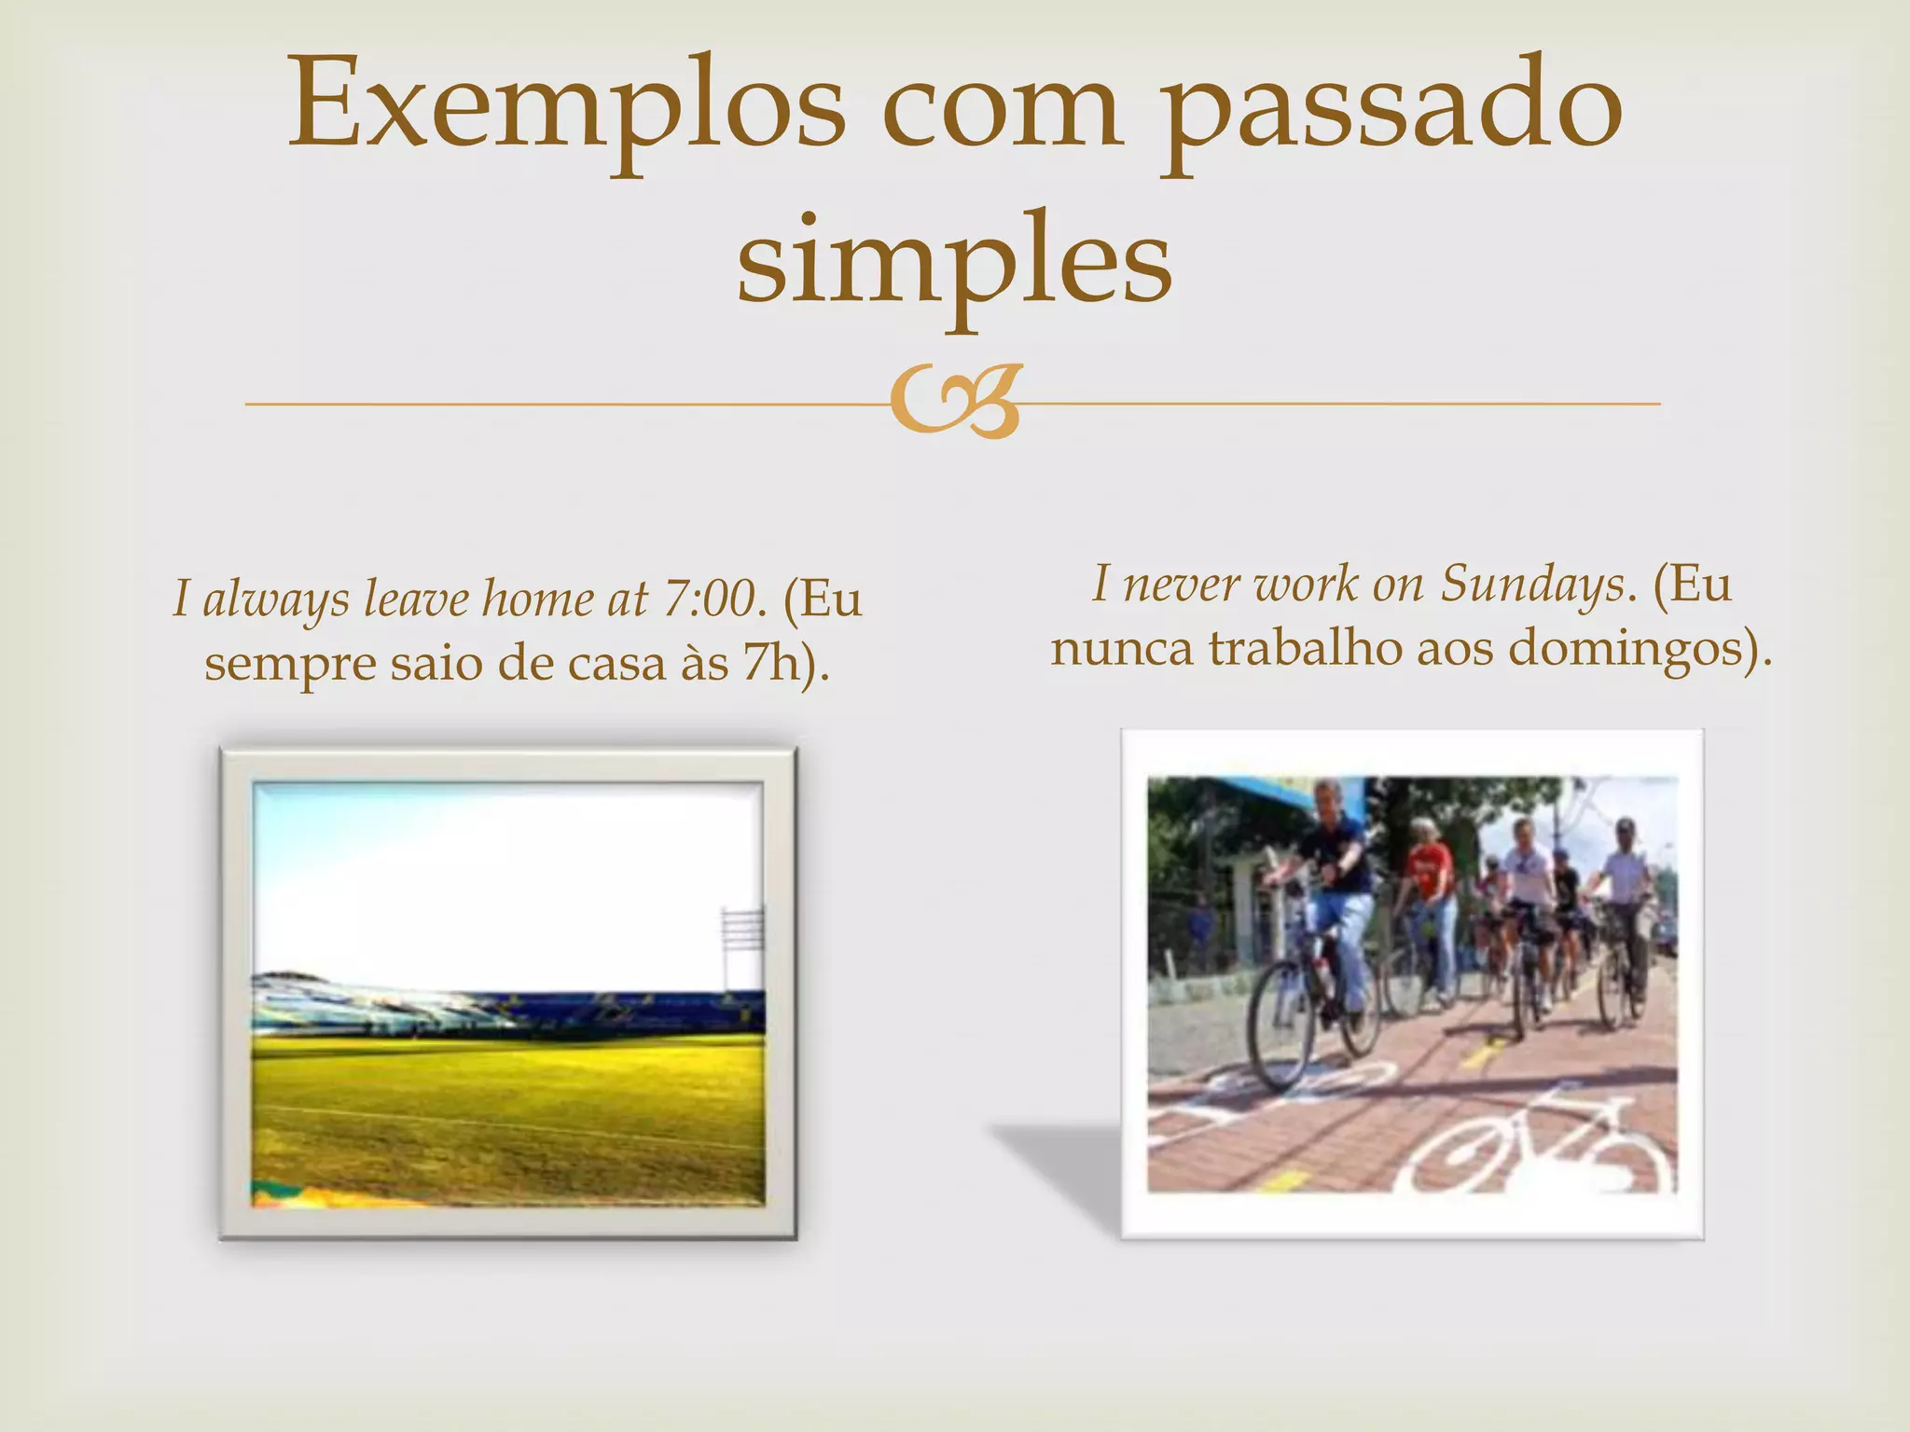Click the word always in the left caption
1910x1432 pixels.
point(275,600)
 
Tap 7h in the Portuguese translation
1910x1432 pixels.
point(771,663)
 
